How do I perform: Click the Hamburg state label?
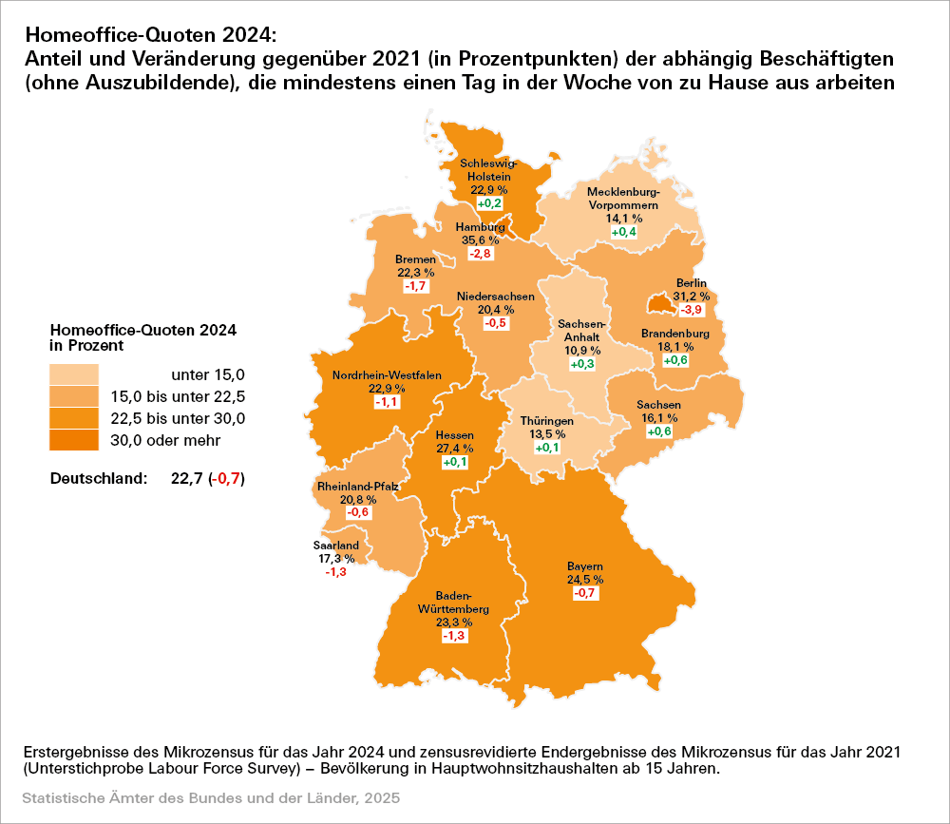click(x=479, y=227)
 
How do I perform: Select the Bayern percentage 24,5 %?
click(x=584, y=579)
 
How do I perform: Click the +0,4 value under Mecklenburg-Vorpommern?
click(x=623, y=232)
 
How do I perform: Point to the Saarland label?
click(x=336, y=546)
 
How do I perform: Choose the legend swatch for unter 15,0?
click(x=76, y=374)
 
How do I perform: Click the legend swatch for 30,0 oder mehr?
click(x=76, y=440)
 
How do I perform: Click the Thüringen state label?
click(x=546, y=420)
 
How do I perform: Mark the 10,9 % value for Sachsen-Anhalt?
click(x=584, y=351)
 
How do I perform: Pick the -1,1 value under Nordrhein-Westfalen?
click(x=386, y=403)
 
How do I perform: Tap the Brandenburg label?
click(x=675, y=334)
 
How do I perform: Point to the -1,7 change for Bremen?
click(x=415, y=286)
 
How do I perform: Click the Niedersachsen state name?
click(x=494, y=297)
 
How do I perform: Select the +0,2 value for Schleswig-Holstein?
click(x=489, y=204)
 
